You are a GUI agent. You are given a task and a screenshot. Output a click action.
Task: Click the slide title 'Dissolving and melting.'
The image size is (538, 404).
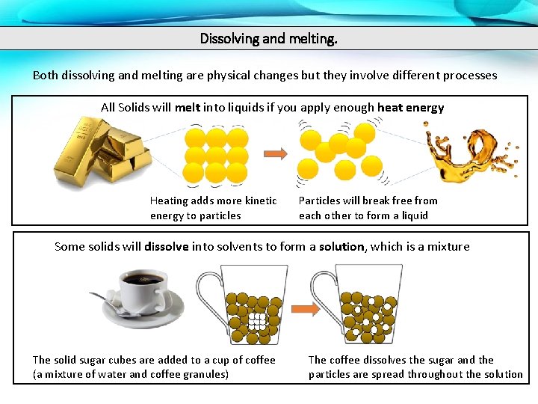[x=268, y=37]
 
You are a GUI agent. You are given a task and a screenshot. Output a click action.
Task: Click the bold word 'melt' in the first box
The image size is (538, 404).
[x=188, y=107]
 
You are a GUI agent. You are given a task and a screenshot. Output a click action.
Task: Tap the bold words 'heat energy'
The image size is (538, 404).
[x=410, y=107]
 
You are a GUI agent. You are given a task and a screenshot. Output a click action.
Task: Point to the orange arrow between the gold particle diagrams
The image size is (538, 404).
[x=276, y=155]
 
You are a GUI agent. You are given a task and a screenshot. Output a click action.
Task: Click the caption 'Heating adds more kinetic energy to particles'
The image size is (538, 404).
[x=213, y=208]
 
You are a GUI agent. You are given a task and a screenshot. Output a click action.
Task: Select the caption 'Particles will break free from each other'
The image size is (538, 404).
[x=368, y=208]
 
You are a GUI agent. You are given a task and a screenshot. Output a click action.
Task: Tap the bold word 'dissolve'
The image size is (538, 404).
[x=166, y=246]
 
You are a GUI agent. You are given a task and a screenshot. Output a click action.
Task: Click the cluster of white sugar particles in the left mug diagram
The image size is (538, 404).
[x=256, y=322]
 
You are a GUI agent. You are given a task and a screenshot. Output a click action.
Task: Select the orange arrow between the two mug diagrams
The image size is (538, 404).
[x=303, y=308]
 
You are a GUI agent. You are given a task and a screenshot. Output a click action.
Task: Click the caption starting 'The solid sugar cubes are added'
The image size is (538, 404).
[x=154, y=367]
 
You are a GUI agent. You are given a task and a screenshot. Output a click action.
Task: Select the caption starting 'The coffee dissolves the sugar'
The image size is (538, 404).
[x=415, y=367]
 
